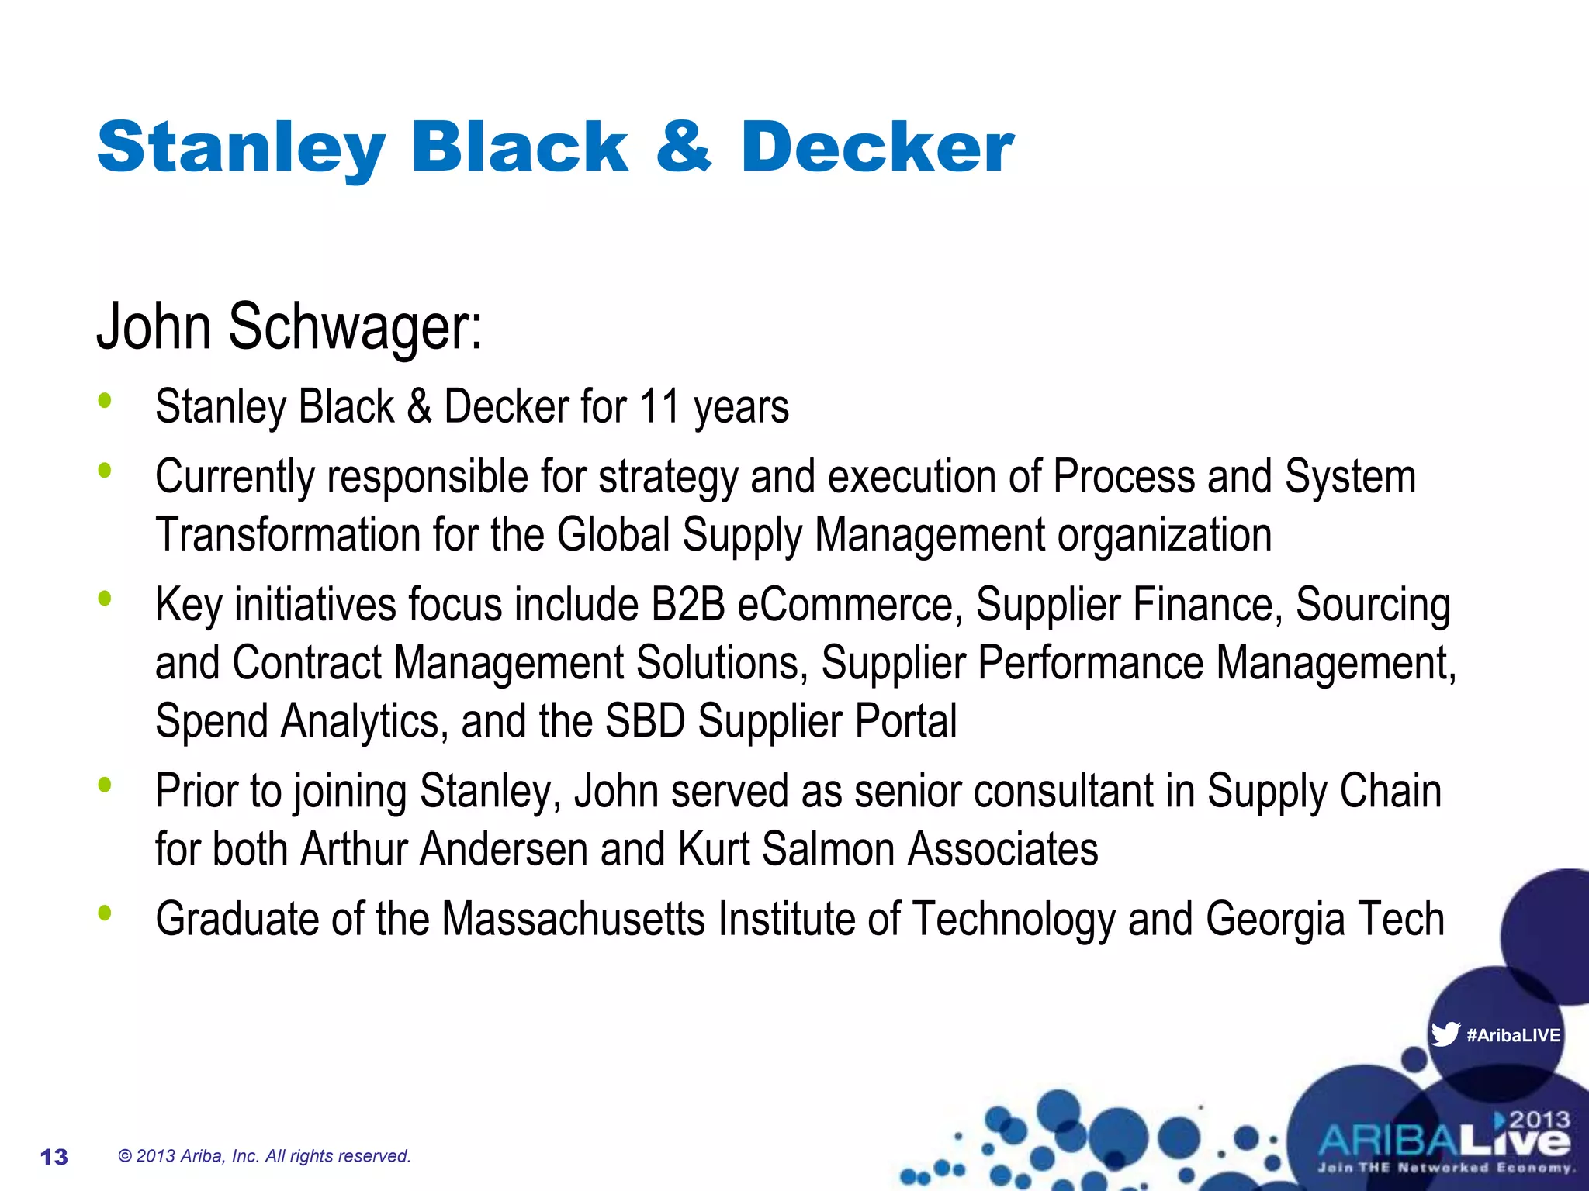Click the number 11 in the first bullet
(659, 407)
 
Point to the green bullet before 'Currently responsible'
(105, 471)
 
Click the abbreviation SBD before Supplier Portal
(645, 721)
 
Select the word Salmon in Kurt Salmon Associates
(828, 849)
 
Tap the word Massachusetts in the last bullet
(574, 919)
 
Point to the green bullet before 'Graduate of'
(105, 913)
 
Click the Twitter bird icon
(1445, 1034)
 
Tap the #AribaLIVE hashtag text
(1513, 1035)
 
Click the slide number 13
(54, 1157)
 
